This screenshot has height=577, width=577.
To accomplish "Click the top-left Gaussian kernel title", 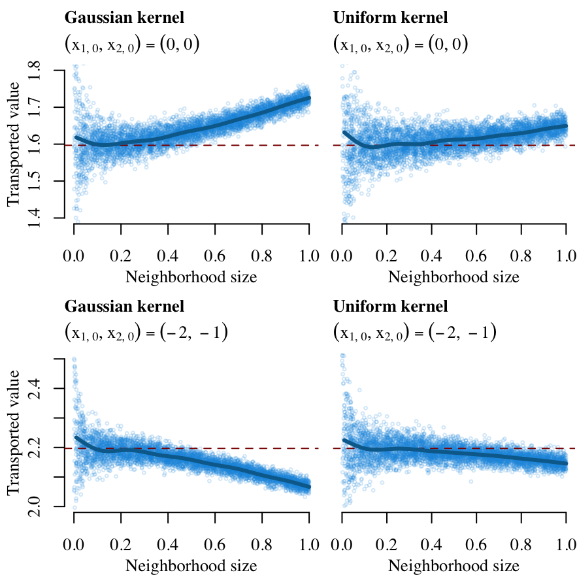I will (124, 18).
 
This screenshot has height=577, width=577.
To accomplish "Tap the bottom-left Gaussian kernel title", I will (124, 306).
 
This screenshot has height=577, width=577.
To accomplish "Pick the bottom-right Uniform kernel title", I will (390, 306).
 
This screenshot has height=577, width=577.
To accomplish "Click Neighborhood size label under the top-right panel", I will (453, 277).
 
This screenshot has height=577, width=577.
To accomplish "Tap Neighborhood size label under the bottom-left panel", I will (191, 565).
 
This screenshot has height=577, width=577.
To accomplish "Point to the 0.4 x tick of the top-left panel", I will (168, 254).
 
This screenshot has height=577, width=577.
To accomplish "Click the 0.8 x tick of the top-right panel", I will (520, 254).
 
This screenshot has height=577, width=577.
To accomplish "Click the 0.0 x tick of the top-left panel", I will (74, 254).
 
